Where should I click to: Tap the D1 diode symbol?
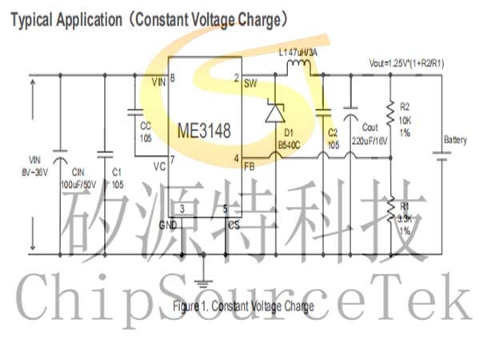pyautogui.click(x=275, y=113)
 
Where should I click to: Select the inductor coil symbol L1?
pyautogui.click(x=301, y=66)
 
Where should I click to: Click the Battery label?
pyautogui.click(x=455, y=140)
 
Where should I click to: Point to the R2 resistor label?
pyautogui.click(x=405, y=105)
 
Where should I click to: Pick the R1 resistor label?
pyautogui.click(x=405, y=208)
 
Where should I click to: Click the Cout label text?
pyautogui.click(x=369, y=127)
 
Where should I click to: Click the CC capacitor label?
pyautogui.click(x=146, y=125)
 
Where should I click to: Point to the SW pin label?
pyautogui.click(x=250, y=82)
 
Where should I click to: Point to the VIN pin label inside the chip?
pyautogui.click(x=158, y=82)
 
